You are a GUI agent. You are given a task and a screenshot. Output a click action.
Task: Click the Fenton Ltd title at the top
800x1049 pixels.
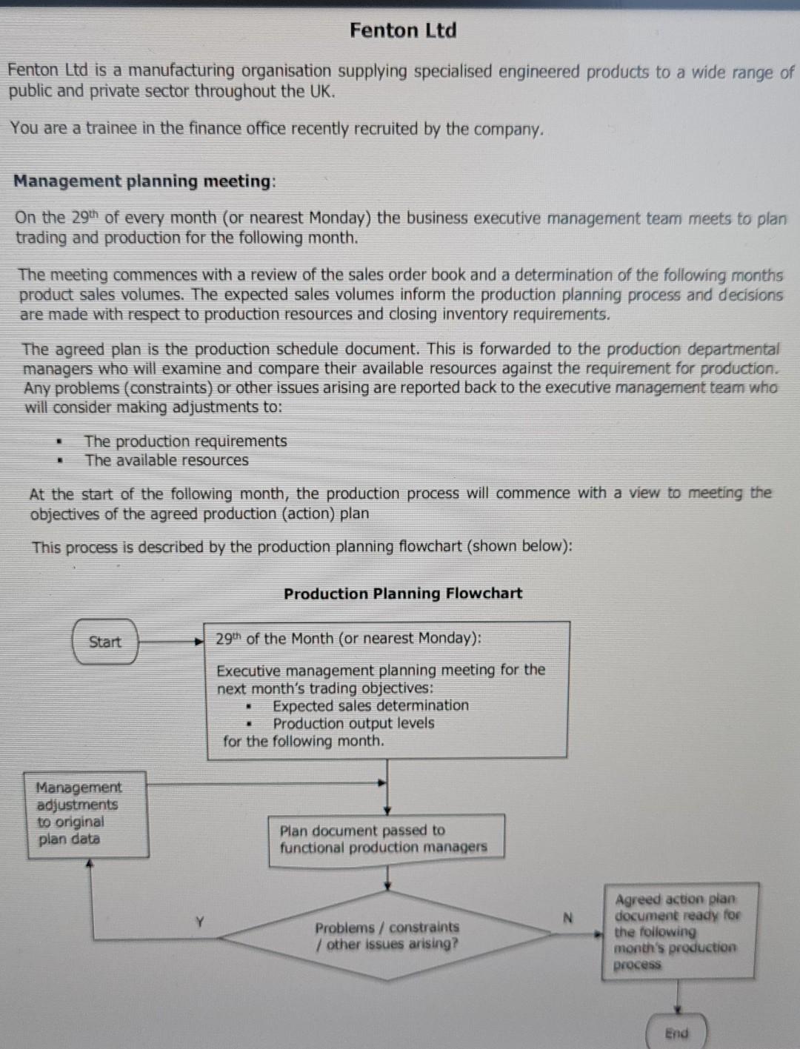[x=403, y=30]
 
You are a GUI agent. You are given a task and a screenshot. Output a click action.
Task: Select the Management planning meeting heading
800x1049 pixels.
[x=143, y=181]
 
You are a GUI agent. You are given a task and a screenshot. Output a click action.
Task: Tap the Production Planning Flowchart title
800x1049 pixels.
[x=403, y=594]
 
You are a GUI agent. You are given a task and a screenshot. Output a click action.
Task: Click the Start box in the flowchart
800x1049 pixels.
[x=105, y=642]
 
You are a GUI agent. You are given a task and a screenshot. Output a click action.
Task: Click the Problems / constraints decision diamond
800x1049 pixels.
[x=387, y=936]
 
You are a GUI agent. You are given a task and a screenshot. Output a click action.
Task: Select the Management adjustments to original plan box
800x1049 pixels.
[x=86, y=814]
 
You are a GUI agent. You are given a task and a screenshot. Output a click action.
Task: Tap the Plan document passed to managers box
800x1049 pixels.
[x=386, y=839]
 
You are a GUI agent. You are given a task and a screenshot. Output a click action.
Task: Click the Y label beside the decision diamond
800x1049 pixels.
[x=199, y=922]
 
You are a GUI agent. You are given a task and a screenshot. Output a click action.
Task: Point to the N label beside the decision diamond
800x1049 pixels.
[x=568, y=918]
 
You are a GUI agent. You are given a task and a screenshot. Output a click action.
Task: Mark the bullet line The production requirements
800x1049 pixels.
[x=185, y=441]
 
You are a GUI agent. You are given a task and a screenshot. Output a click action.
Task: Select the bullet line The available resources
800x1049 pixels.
[x=167, y=460]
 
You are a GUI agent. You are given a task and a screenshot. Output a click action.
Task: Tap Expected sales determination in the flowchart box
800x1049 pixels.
[x=370, y=706]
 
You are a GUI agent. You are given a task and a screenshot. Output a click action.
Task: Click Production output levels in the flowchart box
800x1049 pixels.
[x=353, y=723]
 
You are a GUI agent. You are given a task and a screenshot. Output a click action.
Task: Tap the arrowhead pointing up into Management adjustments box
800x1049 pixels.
[x=90, y=864]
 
